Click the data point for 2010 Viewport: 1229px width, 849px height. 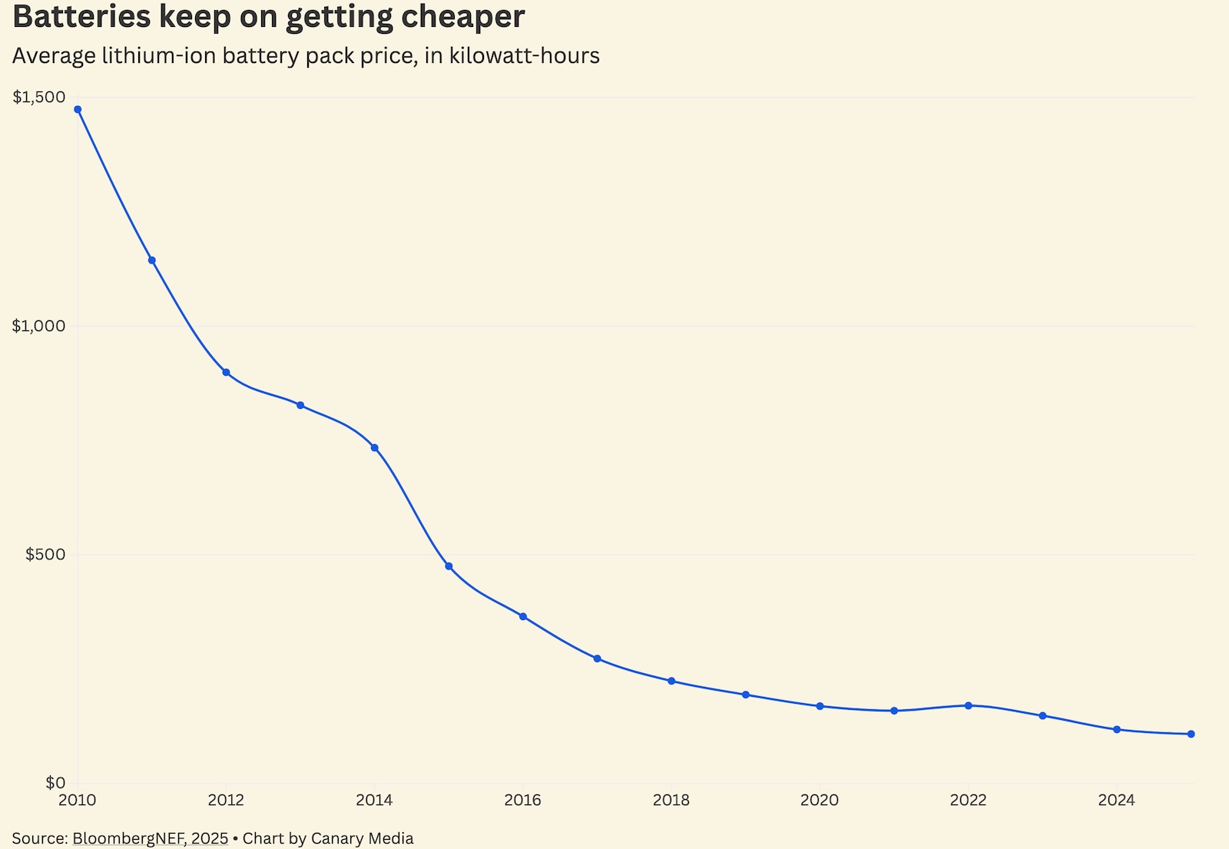point(78,109)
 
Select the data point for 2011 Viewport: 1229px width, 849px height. point(152,260)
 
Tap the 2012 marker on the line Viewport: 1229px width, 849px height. point(226,373)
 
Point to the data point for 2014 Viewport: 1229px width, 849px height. point(375,448)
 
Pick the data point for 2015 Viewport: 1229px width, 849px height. point(449,566)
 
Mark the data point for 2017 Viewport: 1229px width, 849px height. point(598,658)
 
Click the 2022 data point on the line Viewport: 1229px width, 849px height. point(969,705)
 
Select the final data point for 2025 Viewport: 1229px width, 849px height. point(1191,735)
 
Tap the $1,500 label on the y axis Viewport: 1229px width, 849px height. point(39,97)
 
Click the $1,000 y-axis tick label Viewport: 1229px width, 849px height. point(39,326)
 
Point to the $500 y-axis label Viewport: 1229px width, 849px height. point(45,555)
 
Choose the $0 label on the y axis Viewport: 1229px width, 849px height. point(55,783)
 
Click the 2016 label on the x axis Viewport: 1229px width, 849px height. point(522,801)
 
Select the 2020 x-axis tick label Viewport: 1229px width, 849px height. point(820,801)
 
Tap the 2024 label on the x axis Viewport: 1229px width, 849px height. point(1116,801)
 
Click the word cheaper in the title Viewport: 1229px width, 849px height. point(461,17)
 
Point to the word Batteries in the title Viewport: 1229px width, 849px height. point(81,17)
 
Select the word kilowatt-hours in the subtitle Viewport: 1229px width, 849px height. point(525,56)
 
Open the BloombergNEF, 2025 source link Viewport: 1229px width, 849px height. point(151,838)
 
